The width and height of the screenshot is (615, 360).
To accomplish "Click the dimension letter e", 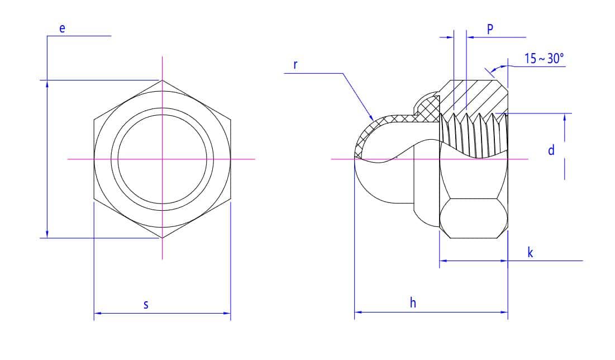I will (63, 28).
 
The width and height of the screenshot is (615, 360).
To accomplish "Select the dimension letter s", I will (146, 305).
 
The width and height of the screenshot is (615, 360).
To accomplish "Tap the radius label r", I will (295, 64).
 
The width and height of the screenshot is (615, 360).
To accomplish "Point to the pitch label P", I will (490, 30).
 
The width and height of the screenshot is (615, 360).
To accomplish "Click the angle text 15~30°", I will (544, 59).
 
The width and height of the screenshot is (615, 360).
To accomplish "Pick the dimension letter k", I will (530, 253).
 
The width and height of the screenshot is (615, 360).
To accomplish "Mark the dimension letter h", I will (413, 304).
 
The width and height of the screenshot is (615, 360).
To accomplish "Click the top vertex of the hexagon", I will (163, 80).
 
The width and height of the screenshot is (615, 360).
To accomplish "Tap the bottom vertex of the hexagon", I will (163, 238).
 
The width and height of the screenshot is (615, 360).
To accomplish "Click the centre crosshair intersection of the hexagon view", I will (163, 159).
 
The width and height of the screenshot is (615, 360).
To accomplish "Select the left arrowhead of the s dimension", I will (96, 313).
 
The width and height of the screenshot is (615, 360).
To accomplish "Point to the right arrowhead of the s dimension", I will (228, 313).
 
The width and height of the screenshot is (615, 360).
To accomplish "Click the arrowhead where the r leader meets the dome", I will (372, 119).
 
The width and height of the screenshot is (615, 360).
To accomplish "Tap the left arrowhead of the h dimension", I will (357, 312).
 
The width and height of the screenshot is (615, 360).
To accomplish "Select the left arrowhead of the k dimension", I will (442, 260).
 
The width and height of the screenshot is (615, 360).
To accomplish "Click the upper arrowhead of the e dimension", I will (47, 83).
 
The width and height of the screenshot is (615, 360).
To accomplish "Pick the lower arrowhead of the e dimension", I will (47, 234).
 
